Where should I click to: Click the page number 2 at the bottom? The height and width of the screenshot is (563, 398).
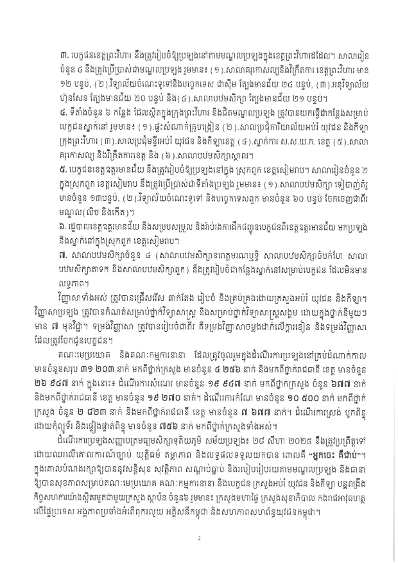point(200,538)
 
